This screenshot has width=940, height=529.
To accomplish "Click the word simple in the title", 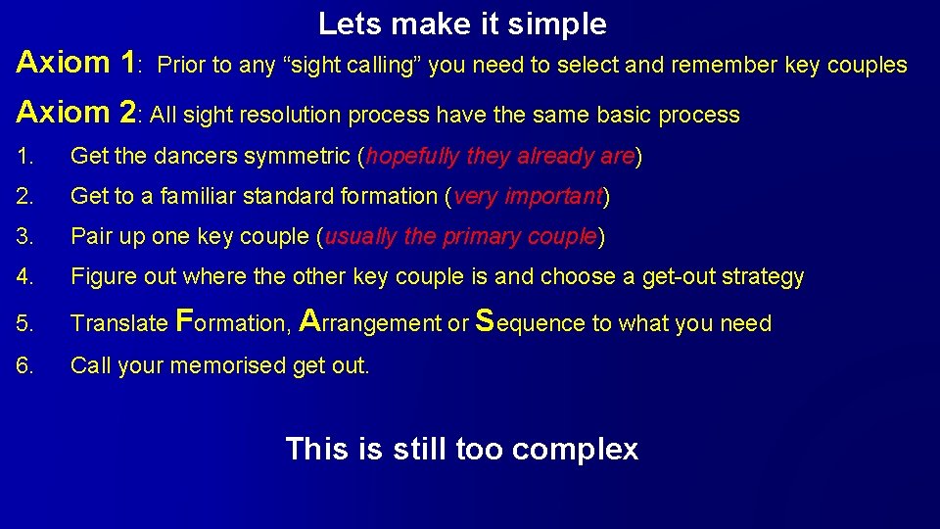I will pos(562,24).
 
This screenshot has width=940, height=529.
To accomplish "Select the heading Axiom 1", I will pos(76,63).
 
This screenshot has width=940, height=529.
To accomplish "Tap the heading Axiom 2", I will pos(76,112).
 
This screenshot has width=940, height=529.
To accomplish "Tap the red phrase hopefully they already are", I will pos(500,157).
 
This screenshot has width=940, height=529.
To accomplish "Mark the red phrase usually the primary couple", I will pos(460,237).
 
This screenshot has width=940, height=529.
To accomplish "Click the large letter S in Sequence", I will pos(484,320).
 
